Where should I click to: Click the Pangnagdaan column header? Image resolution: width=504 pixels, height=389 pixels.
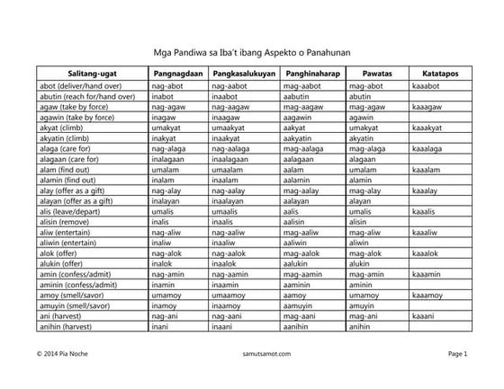click(x=176, y=72)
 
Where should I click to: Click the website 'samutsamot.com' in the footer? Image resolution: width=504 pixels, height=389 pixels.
click(x=251, y=355)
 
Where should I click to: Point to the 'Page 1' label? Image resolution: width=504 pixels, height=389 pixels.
click(x=458, y=355)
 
